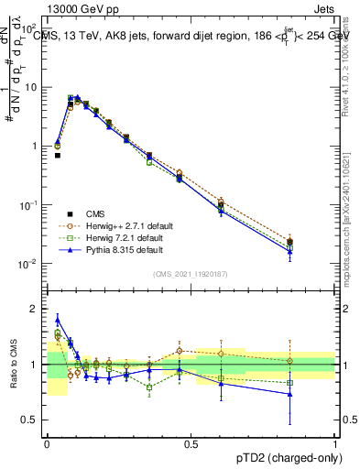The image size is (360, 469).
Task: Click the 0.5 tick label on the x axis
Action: click(x=190, y=445)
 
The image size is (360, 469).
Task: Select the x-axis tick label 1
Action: click(x=334, y=445)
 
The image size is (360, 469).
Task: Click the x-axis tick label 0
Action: click(x=46, y=445)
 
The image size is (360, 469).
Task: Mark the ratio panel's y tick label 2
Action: click(x=37, y=309)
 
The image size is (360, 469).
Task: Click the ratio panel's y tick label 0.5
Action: click(x=33, y=420)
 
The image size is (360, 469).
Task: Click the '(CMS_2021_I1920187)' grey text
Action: click(x=190, y=272)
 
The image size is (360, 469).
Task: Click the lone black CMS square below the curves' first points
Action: click(x=57, y=156)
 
